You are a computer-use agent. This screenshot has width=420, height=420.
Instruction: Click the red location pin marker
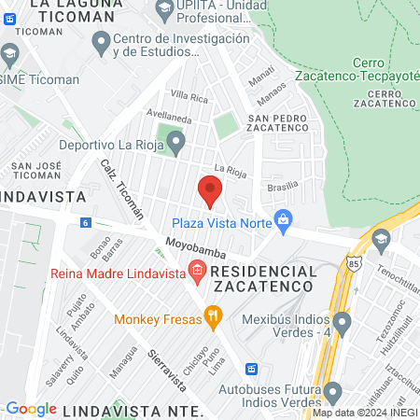coord(210,191)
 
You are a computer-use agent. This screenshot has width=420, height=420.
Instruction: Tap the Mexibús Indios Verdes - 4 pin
coord(343,326)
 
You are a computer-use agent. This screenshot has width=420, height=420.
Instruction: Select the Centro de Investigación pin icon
coord(99,41)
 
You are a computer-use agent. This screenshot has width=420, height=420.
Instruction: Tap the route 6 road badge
coord(85,222)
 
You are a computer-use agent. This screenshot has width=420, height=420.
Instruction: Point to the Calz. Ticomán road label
coord(122,188)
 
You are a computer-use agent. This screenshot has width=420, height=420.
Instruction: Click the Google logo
coord(31,409)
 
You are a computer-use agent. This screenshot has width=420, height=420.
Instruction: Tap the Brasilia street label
coord(282,185)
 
